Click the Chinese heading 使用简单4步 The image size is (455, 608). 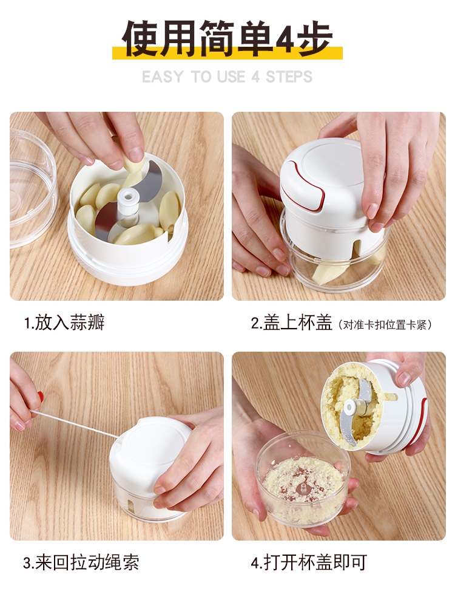pos(227,38)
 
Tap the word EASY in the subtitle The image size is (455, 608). pos(163,77)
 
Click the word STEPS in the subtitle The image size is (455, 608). pos(289,77)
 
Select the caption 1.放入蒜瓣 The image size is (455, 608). pos(64,322)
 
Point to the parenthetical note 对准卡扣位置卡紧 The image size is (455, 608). pos(386,324)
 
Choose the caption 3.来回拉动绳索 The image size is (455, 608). pos(81,562)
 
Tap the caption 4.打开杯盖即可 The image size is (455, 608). pos(309,562)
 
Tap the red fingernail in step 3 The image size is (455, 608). pos(41,397)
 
